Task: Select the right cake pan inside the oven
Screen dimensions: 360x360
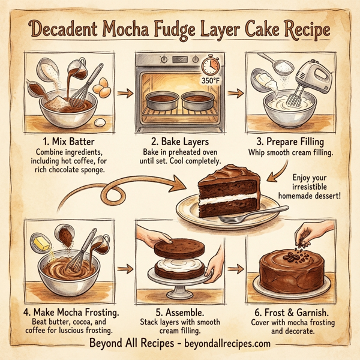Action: click(x=199, y=100)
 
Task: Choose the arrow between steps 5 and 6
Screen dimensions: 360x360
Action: click(x=238, y=268)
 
